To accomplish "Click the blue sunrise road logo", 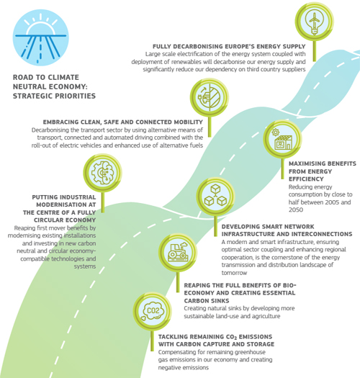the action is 40,37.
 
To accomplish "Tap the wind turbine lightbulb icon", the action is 314,21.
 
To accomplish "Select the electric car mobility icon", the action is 210,97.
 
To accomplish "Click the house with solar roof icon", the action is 282,139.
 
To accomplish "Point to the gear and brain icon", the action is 102,173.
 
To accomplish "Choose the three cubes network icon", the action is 215,197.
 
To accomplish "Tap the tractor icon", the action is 178,253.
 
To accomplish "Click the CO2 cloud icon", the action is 152,311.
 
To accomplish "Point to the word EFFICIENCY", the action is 306,179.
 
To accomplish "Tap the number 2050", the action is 296,210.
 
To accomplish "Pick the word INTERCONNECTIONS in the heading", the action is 320,234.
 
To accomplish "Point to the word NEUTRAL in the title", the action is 27,87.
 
